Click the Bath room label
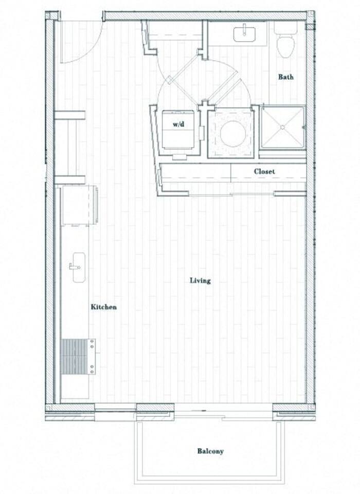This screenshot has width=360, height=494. pos(286,77)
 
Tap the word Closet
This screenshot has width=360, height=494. pos(264,171)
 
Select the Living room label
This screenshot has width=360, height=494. pos(200,280)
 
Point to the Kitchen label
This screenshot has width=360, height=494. pos(104,307)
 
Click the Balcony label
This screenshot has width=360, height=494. pos(210,451)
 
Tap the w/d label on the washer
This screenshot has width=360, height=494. pos(178,124)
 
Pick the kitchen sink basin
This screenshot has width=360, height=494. pos(79,268)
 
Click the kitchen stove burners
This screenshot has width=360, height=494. pos(74,356)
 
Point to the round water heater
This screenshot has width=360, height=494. pos(232,133)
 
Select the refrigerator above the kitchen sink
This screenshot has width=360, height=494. pos(79,205)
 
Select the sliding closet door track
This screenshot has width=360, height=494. pos(231,195)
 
